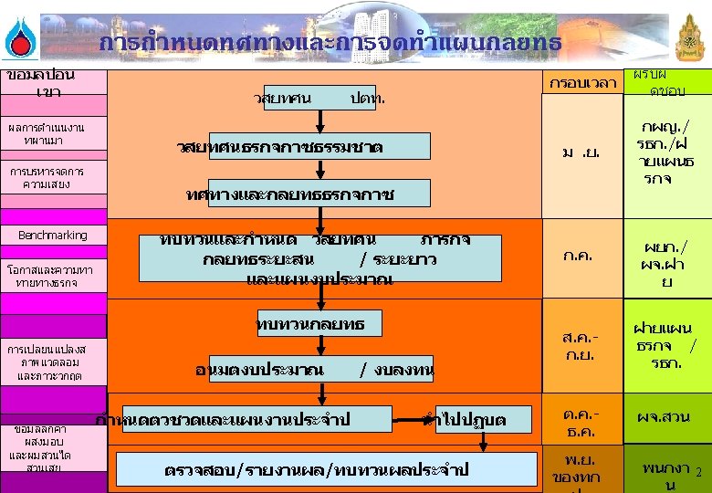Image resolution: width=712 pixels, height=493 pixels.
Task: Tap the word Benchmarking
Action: coord(53,236)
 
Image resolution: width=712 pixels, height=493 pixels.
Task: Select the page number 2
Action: coord(697,473)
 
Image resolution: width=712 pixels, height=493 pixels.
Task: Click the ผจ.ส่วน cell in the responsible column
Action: coord(665,418)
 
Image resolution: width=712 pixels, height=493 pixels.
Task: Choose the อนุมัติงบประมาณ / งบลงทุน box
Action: coord(315,370)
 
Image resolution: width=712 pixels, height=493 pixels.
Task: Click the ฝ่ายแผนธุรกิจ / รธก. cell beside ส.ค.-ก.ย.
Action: coord(665,345)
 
